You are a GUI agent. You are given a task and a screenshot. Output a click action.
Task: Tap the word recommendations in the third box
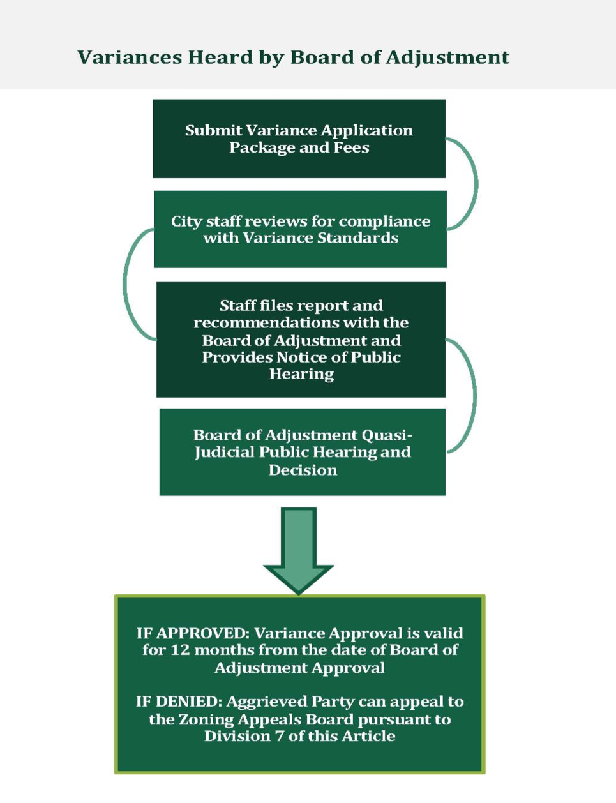point(267,323)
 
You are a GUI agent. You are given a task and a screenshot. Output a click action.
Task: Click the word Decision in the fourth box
point(303,470)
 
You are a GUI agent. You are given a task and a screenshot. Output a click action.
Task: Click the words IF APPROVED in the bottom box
point(192,633)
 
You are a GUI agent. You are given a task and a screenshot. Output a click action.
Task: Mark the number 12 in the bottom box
point(180,650)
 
